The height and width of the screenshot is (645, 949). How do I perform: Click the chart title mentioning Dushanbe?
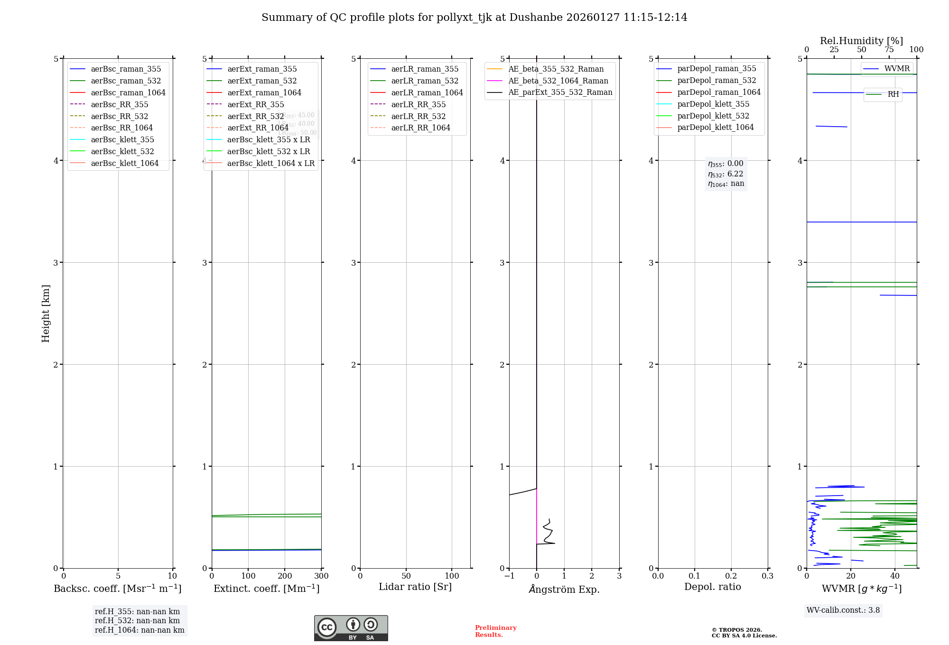[x=474, y=18]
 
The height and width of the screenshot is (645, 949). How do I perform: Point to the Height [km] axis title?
[x=46, y=313]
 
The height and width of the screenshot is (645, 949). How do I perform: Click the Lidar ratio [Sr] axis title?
[x=415, y=587]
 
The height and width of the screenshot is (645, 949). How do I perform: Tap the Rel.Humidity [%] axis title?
[x=861, y=41]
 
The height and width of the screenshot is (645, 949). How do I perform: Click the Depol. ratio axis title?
[x=712, y=587]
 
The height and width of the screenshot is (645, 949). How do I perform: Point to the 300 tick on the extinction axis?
[x=321, y=576]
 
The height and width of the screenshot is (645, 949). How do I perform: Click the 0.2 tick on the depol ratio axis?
[x=731, y=576]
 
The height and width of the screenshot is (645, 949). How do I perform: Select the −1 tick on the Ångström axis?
[x=509, y=576]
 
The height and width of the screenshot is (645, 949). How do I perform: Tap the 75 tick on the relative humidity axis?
[x=889, y=50]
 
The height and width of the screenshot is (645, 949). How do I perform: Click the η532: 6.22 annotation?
[x=726, y=174]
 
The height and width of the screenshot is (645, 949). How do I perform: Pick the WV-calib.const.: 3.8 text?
[x=843, y=610]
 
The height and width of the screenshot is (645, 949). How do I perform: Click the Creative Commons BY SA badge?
[x=351, y=628]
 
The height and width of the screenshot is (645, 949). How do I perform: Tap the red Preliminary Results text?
[x=495, y=631]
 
